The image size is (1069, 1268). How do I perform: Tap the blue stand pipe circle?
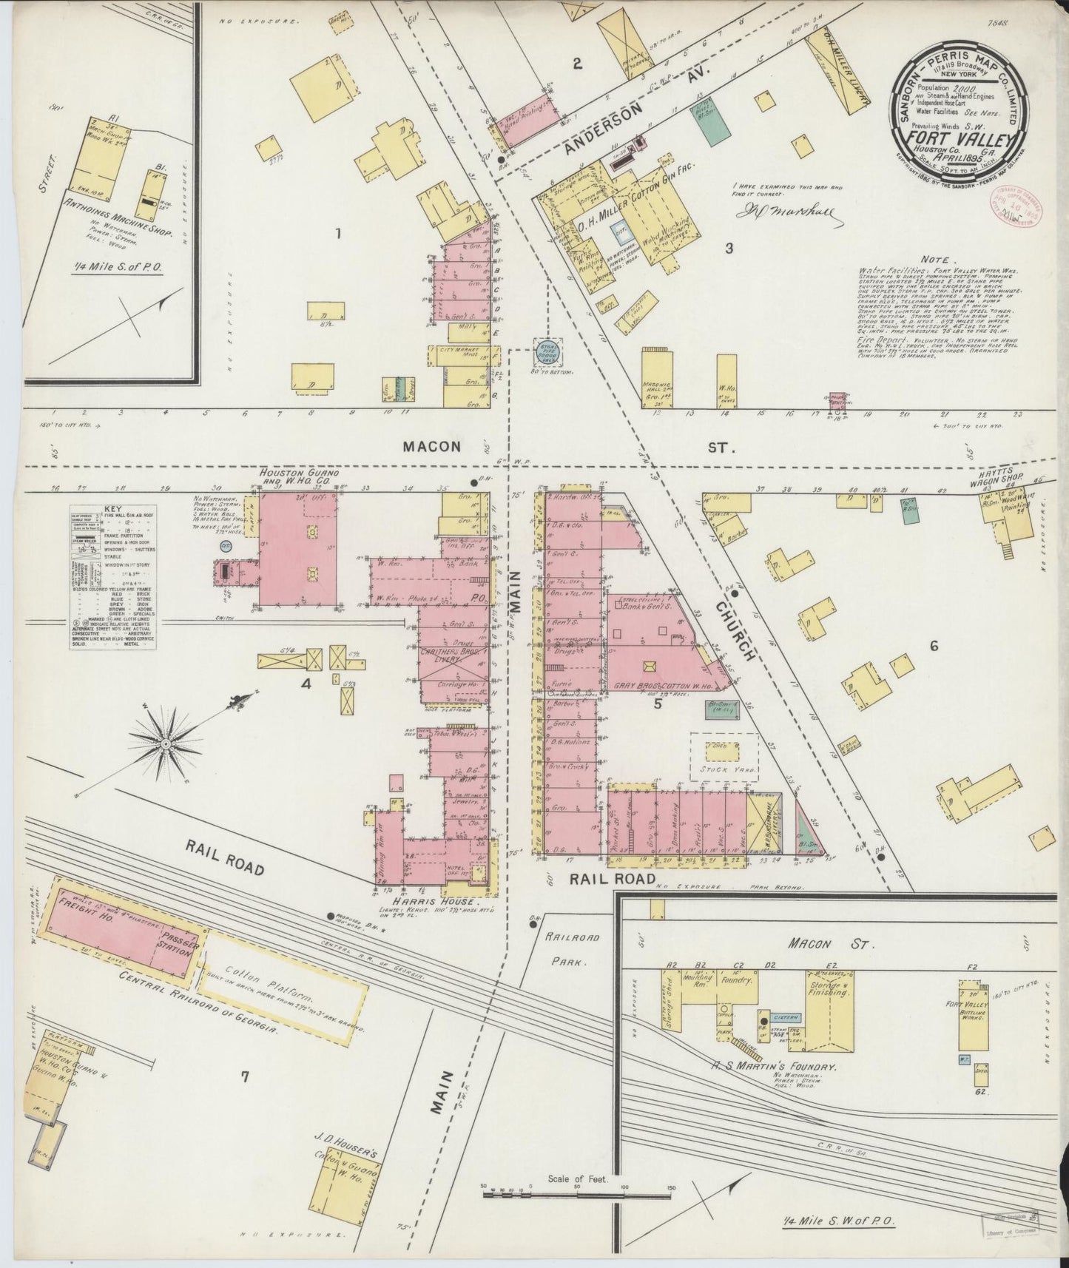pos(548,352)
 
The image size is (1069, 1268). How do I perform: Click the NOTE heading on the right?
pos(938,261)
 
